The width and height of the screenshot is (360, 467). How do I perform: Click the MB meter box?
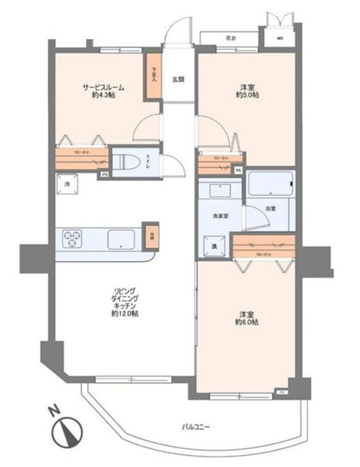(280, 38)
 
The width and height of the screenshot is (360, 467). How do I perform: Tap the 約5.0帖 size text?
(247, 95)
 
